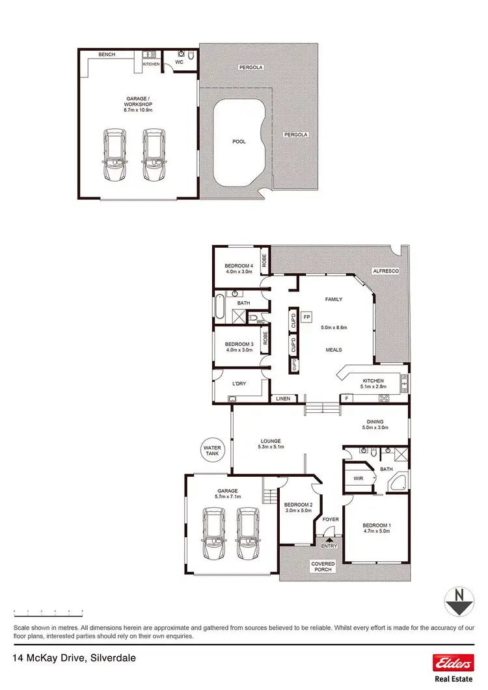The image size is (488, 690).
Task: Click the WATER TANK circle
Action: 212,451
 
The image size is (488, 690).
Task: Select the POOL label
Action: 239,141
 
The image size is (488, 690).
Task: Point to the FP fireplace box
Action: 307,316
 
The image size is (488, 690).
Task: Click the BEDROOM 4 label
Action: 238,266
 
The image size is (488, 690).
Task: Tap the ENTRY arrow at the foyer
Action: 329,538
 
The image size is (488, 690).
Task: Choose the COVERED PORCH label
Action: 323,566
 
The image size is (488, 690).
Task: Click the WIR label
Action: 357,478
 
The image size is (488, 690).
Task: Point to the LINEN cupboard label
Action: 282,398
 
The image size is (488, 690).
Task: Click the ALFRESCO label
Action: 385,270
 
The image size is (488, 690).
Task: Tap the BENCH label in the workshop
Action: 107,55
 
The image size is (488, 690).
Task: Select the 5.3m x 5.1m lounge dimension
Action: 269,447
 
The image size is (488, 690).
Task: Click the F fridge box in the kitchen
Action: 347,397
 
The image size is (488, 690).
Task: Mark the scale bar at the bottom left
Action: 49,611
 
